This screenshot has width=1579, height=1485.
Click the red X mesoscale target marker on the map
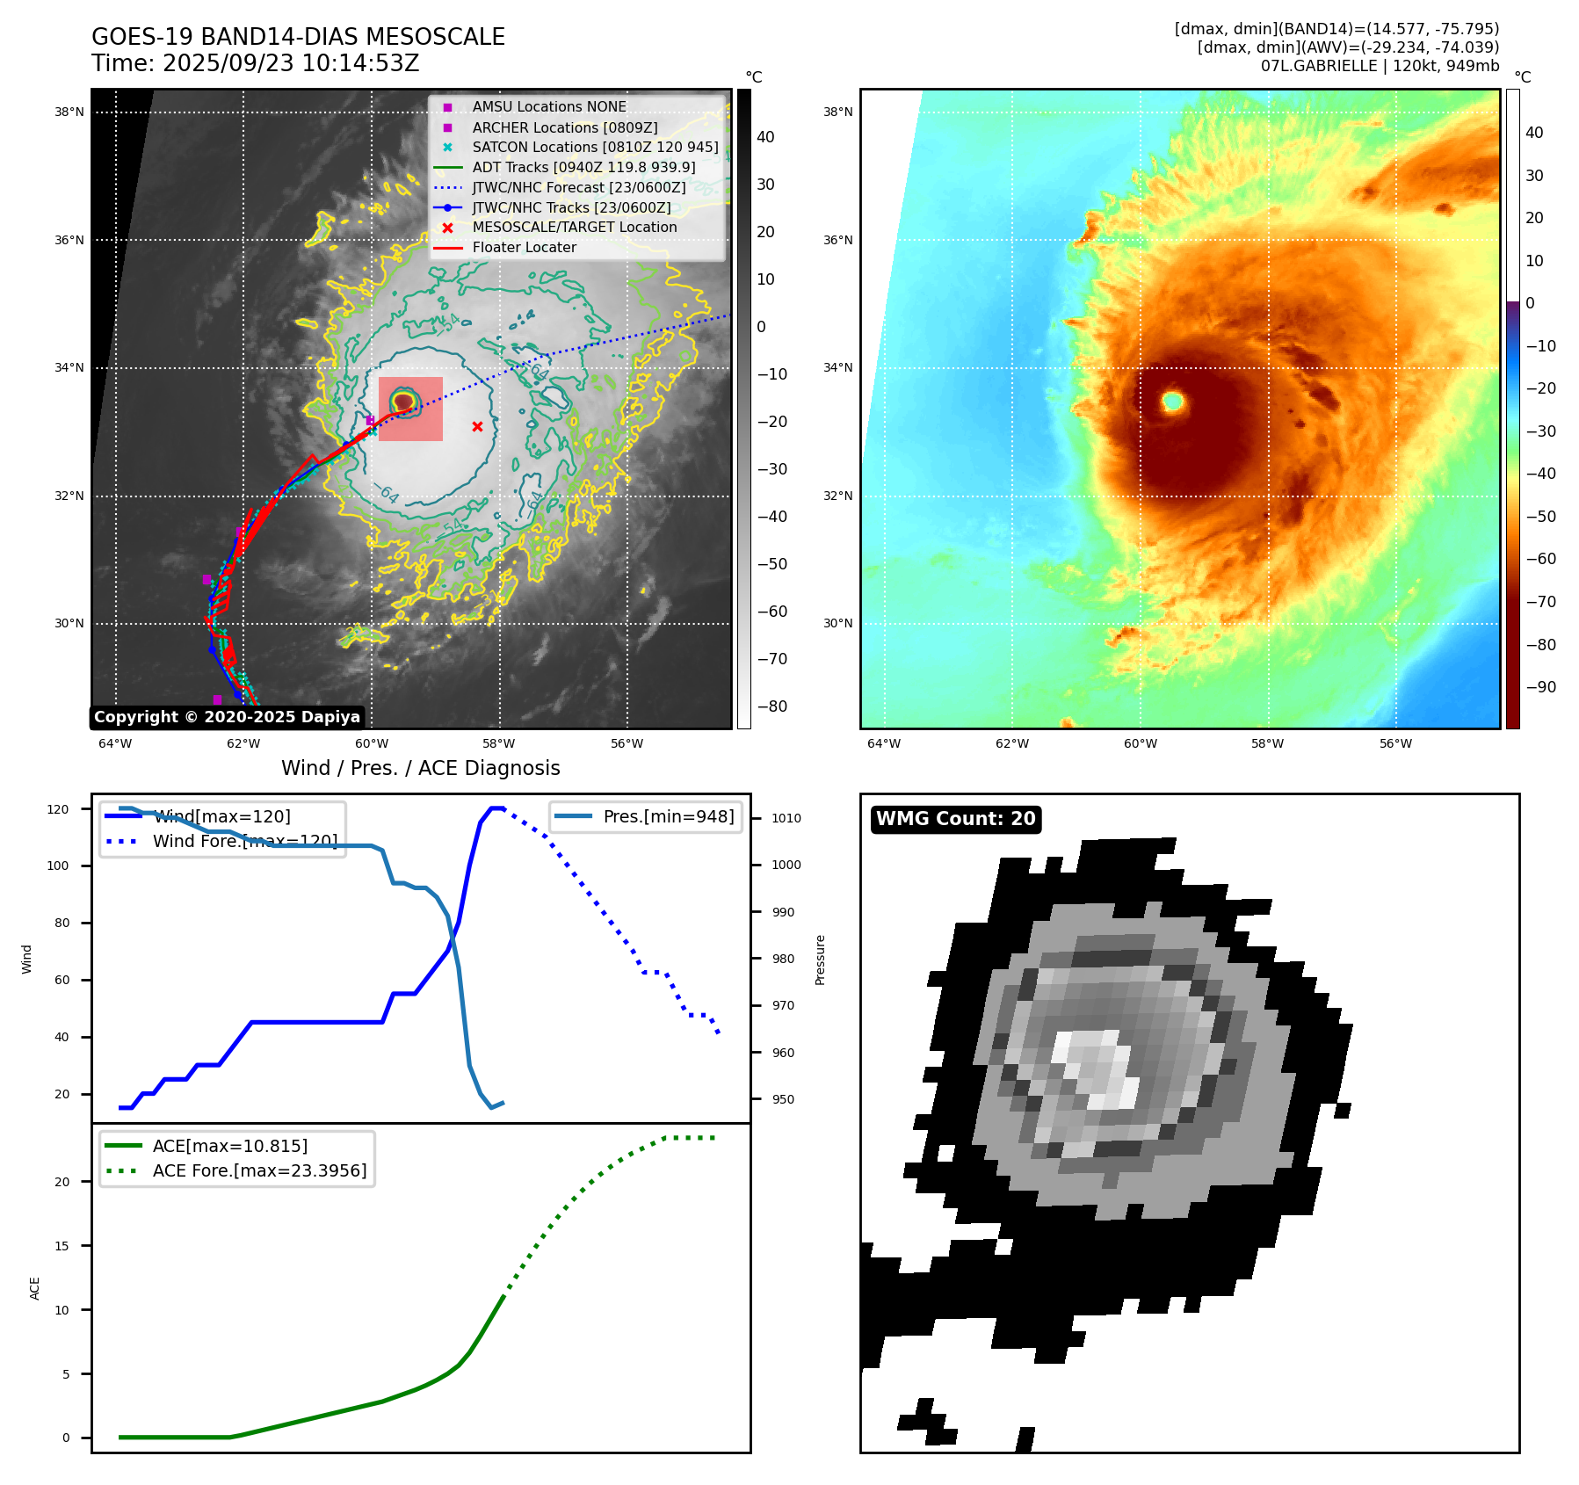click(x=477, y=427)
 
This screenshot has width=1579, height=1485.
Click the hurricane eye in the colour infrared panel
click(x=1172, y=402)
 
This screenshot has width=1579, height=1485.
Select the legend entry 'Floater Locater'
click(x=524, y=248)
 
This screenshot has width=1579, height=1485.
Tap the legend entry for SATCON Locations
click(x=595, y=148)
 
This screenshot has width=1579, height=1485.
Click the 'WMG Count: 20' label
click(x=955, y=819)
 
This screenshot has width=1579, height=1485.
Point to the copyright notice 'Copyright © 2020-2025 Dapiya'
click(x=227, y=717)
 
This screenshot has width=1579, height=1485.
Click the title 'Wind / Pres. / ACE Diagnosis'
click(x=420, y=768)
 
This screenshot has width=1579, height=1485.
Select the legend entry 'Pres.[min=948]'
click(x=668, y=816)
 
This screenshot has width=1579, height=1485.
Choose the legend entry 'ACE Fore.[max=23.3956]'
click(x=259, y=1170)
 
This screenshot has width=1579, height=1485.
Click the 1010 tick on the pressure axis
click(x=786, y=818)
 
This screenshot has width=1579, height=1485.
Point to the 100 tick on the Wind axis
click(x=58, y=866)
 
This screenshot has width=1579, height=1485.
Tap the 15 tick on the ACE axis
click(x=62, y=1246)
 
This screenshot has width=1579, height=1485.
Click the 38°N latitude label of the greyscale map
click(x=69, y=112)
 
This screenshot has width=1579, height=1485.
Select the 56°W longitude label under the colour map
click(x=1395, y=743)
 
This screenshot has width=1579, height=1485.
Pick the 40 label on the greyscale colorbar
click(x=765, y=137)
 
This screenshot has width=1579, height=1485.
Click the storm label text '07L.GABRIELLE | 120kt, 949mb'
click(x=1380, y=66)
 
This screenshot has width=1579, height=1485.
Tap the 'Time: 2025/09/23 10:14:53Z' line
click(x=255, y=63)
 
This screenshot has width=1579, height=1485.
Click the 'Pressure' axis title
click(x=820, y=960)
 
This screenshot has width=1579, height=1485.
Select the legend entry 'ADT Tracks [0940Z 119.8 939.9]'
click(x=583, y=167)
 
